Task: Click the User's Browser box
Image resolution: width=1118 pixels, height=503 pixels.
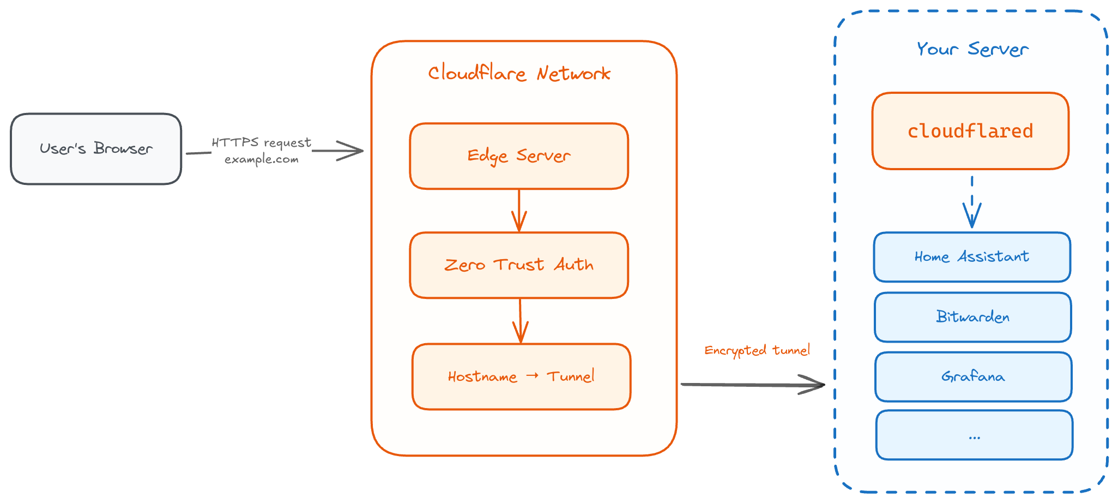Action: click(96, 149)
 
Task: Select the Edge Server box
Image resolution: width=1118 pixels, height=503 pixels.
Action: click(519, 156)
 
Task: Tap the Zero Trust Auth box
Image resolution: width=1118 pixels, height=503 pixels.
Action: click(519, 265)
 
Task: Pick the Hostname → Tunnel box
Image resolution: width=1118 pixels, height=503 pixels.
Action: click(521, 376)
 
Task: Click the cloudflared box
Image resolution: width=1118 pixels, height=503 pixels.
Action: click(970, 131)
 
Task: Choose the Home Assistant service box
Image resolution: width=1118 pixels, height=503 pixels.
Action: click(972, 257)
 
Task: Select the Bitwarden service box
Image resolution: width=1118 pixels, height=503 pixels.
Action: click(973, 317)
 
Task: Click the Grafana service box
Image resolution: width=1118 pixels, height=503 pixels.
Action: click(973, 377)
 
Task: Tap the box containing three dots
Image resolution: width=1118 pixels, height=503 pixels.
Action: click(974, 435)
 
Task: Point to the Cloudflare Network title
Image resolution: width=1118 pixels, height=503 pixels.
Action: click(519, 73)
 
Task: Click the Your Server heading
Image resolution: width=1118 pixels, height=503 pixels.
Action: click(972, 49)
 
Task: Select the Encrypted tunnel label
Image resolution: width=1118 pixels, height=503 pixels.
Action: click(757, 350)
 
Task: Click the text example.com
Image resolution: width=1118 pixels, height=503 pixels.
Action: click(262, 159)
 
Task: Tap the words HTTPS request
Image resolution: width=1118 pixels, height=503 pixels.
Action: click(262, 142)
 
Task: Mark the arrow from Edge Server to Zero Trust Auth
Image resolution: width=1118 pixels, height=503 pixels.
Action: click(519, 211)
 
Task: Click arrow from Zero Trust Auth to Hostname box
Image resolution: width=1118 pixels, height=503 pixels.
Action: click(521, 321)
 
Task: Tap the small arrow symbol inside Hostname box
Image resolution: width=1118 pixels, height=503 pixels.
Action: click(533, 375)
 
